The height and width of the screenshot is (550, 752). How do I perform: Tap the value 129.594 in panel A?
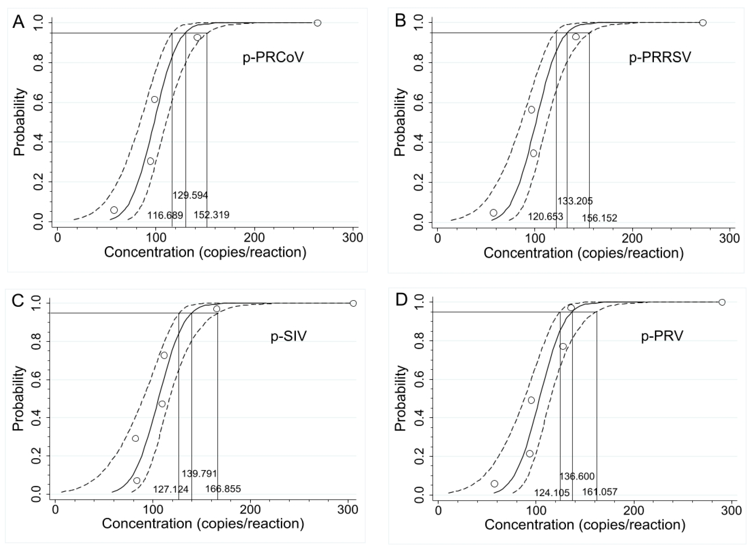(x=190, y=195)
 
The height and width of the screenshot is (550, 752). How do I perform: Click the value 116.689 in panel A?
(x=165, y=215)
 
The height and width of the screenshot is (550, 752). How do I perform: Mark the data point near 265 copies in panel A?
(x=317, y=23)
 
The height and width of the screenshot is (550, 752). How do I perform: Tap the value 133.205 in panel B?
(x=575, y=201)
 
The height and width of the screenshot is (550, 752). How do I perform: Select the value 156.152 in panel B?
(x=599, y=218)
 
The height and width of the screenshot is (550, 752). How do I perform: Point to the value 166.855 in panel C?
(x=223, y=489)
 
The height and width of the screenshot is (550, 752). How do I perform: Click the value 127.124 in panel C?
(x=171, y=489)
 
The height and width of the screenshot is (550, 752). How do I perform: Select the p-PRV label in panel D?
(x=662, y=336)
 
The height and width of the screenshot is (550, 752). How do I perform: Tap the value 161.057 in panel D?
(x=600, y=492)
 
